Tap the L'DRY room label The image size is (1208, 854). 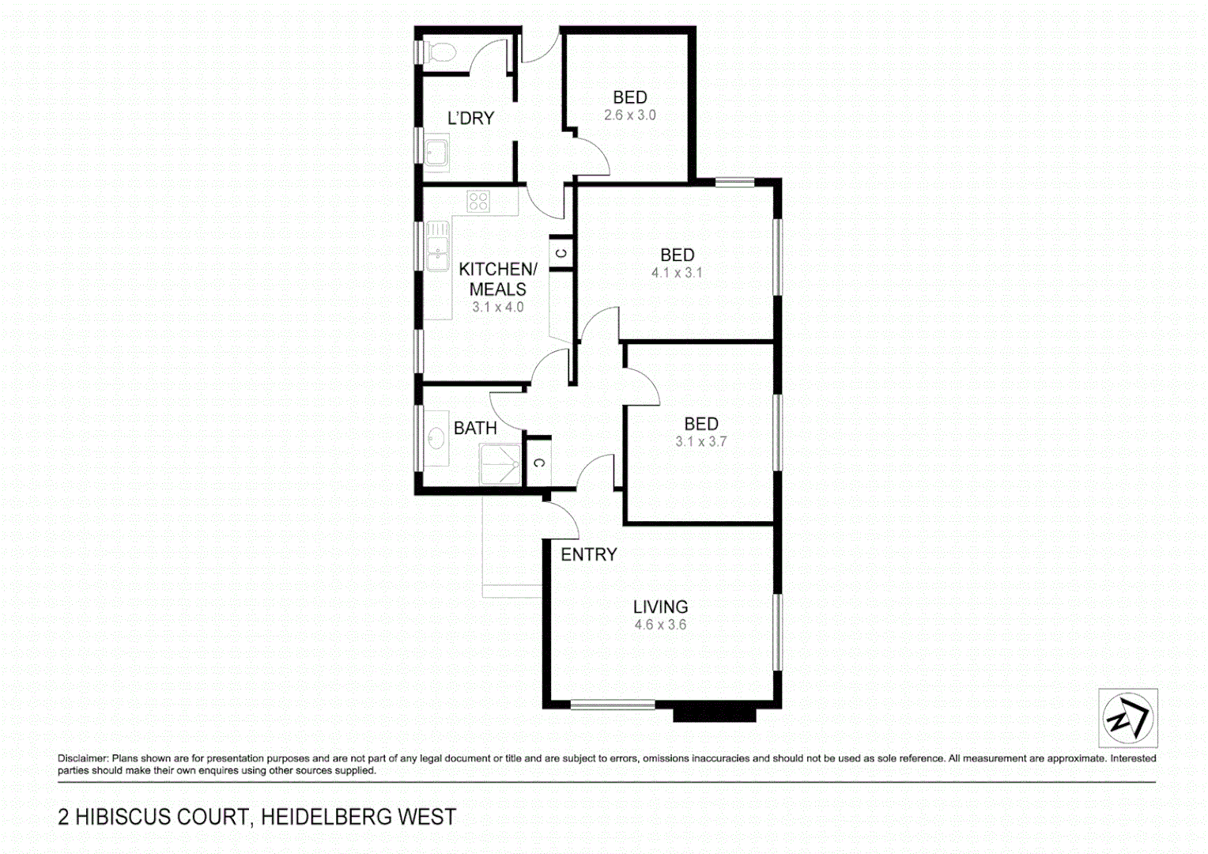click(470, 119)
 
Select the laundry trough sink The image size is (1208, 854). click(436, 153)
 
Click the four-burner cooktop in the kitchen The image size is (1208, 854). click(478, 201)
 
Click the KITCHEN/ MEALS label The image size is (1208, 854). click(497, 279)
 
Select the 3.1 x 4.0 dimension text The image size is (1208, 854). click(497, 308)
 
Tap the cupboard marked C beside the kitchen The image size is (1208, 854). click(561, 254)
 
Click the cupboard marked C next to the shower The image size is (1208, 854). click(538, 463)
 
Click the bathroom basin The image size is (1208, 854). click(436, 437)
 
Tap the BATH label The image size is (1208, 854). click(475, 429)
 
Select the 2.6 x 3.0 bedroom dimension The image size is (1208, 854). click(629, 115)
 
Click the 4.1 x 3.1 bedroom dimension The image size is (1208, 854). click(677, 273)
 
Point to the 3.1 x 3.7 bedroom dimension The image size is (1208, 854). click(700, 442)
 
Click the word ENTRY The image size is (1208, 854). click(588, 555)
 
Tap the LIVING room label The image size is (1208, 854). click(660, 607)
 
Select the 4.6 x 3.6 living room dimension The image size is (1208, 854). click(660, 625)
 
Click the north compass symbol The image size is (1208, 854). click(1127, 718)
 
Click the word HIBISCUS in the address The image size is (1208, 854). click(162, 817)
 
